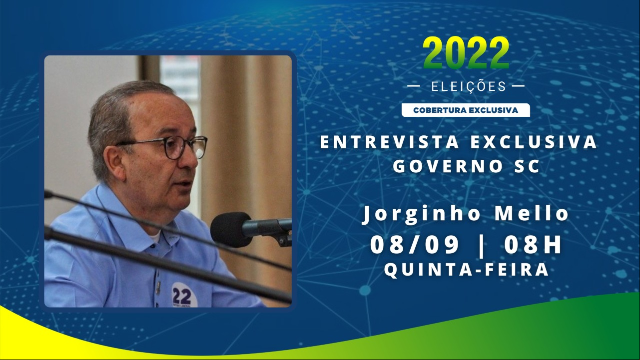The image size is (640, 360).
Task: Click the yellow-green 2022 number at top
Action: [466, 53]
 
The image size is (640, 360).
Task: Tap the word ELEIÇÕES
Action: [469, 86]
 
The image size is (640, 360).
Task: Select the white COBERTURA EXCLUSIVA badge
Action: [466, 110]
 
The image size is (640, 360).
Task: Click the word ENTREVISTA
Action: [391, 142]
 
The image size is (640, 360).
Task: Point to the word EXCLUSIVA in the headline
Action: [534, 142]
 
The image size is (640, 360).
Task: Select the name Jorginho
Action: [421, 215]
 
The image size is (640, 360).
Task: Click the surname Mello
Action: [532, 214]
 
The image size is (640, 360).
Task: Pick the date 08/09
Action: [415, 245]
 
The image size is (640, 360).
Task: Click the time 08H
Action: [533, 245]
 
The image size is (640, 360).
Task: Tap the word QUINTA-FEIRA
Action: [466, 269]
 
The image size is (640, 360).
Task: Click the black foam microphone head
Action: [231, 229]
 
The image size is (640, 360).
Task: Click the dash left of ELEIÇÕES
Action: [414, 86]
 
